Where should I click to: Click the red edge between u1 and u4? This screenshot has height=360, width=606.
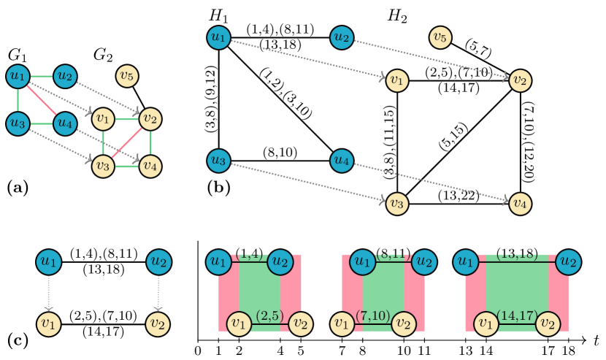[x=41, y=99]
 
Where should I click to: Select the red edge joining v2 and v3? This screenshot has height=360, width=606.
[x=126, y=142]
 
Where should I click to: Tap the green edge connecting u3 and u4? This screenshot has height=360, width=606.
[x=42, y=123]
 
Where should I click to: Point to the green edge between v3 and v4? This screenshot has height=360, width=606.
[x=126, y=166]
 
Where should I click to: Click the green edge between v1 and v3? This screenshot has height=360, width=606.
[x=103, y=142]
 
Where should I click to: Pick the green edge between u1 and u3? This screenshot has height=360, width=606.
[x=18, y=99]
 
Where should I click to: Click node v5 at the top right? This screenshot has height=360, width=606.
[x=440, y=37]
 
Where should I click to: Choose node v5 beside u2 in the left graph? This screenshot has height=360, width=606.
[x=127, y=75]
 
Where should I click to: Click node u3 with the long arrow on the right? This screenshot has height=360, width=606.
[x=218, y=160]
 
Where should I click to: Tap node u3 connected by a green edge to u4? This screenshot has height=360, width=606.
[x=18, y=123]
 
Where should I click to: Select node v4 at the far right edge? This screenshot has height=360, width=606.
[x=520, y=203]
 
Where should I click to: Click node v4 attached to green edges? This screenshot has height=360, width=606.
[x=150, y=166]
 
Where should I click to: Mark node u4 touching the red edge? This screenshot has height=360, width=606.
[x=65, y=123]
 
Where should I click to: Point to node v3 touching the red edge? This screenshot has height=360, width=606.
[x=103, y=166]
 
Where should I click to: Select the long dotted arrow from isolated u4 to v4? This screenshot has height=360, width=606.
[x=431, y=182]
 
